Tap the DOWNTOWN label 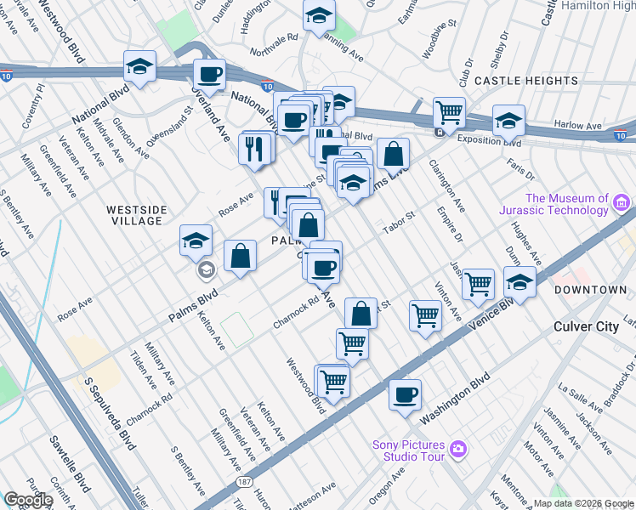coord(590,290)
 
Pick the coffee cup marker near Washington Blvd coord(406,395)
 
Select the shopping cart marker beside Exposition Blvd coord(448,111)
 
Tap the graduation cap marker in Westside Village coord(196,241)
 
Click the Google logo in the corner coord(28,500)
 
